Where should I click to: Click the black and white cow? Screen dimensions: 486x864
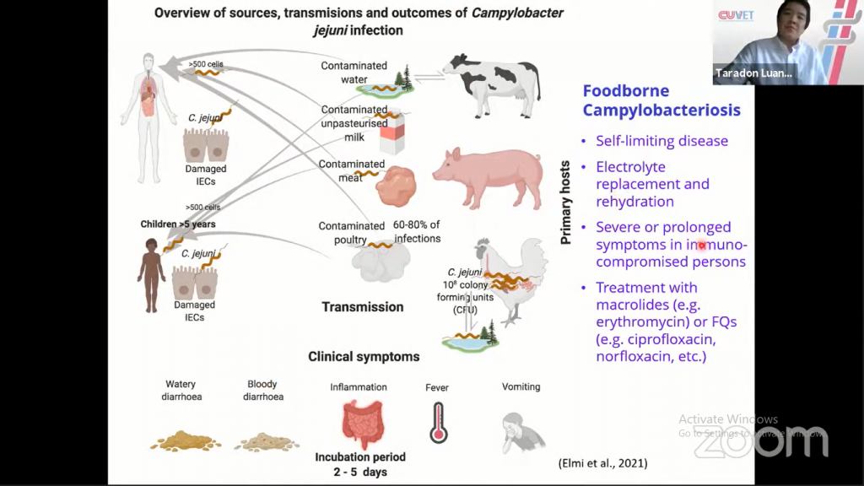pos(494,84)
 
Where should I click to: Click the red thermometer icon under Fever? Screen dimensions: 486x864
pos(437,422)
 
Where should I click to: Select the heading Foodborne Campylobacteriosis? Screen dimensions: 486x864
pos(662,100)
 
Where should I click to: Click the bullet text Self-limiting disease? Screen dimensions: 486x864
pos(661,141)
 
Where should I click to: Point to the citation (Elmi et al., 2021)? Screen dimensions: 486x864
pos(603,463)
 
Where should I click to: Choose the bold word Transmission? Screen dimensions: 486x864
pos(363,307)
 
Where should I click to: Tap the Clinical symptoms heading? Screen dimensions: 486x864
pos(364,357)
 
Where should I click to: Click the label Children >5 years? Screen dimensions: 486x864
pos(178,224)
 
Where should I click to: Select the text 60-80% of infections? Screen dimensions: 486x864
pos(417,231)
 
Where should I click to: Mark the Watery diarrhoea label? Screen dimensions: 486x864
pos(181,391)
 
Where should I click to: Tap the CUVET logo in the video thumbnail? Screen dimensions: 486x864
pos(737,16)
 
